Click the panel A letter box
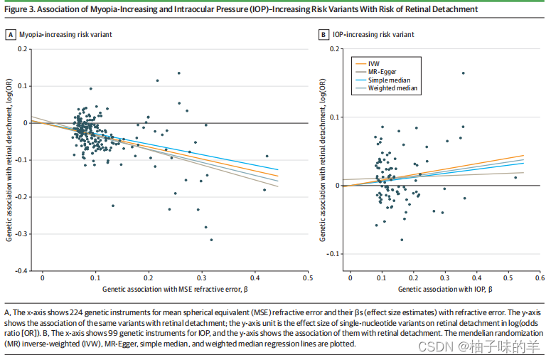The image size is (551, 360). [x=11, y=34]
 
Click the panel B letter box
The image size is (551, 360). [x=323, y=34]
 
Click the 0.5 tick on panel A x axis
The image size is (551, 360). [x=308, y=277]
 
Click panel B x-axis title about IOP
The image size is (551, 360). [x=445, y=290]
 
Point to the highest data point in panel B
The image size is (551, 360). [x=464, y=73]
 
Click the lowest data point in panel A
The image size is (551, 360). [x=211, y=240]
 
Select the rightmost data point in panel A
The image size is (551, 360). [x=267, y=156]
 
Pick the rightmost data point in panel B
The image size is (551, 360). [x=515, y=177]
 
